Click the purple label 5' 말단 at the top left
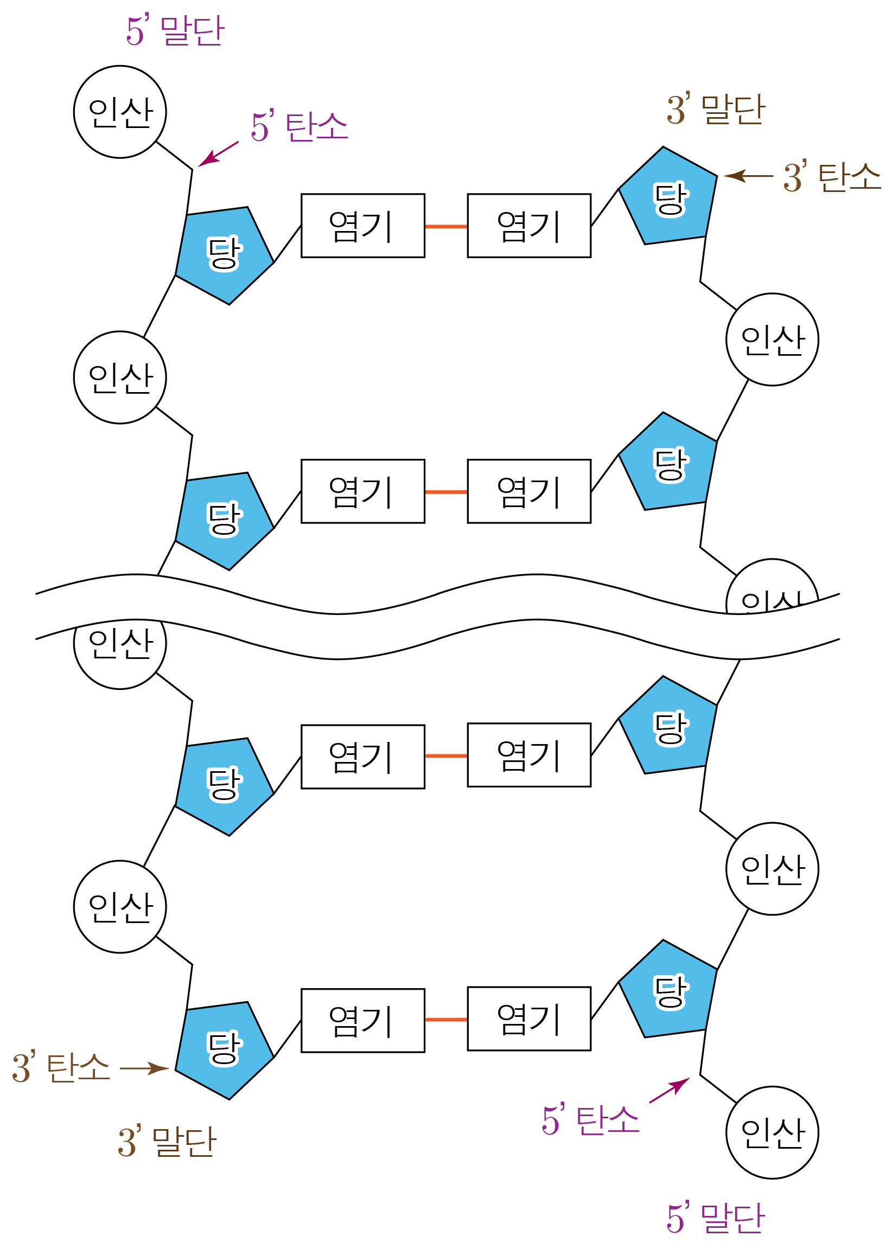tap(175, 31)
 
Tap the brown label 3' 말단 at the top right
tap(716, 110)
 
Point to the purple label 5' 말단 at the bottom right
tap(716, 1218)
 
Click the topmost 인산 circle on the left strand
tap(120, 112)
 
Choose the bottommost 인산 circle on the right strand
tap(772, 1132)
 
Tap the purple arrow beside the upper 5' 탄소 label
tap(218, 154)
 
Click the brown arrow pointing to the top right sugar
tap(748, 176)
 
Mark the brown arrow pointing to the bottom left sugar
tap(144, 1068)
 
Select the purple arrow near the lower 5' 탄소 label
tap(669, 1090)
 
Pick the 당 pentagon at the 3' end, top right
tap(668, 196)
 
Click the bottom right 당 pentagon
tap(668, 990)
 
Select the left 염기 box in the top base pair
tap(363, 226)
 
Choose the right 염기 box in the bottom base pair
tap(529, 1019)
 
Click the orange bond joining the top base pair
tap(446, 226)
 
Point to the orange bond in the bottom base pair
tap(446, 1019)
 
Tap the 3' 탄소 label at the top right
tap(831, 177)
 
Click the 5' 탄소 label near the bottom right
tap(591, 1120)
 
